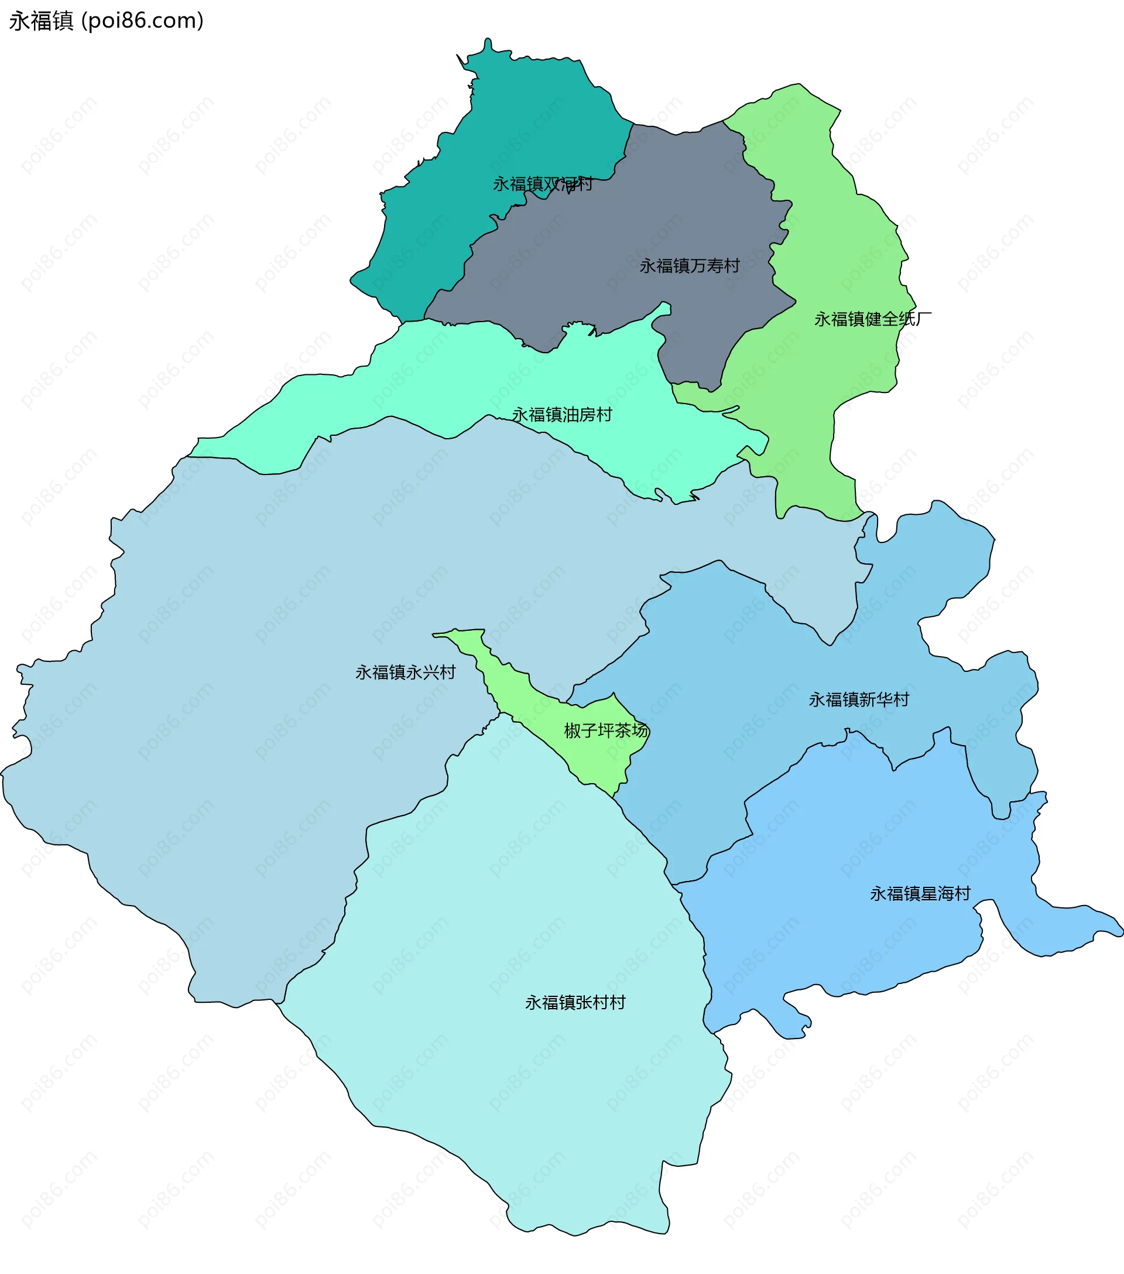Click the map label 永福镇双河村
542,184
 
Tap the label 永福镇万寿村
689,266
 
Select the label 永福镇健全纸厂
872,319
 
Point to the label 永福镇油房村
562,415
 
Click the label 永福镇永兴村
406,672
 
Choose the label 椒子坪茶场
606,730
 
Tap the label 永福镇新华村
859,699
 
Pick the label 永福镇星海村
920,894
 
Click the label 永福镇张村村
575,1002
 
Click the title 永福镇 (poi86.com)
107,21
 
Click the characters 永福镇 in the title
41,21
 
